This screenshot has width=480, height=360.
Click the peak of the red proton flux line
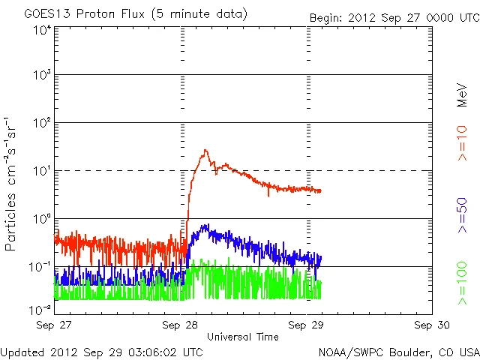pos(205,151)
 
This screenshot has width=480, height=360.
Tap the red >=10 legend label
pos(463,142)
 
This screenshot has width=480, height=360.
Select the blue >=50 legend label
pos(463,217)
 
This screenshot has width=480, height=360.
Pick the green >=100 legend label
pos(463,284)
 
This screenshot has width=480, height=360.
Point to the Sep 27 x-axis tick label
pos(55,325)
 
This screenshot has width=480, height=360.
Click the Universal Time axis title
pos(243,337)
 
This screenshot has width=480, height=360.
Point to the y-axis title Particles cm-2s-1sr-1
pos(12,184)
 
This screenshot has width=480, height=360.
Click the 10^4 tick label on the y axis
pos(42,30)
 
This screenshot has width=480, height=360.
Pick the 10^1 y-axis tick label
pos(42,172)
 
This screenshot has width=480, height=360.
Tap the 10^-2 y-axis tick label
pos(42,309)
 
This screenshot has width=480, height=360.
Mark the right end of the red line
pos(321,191)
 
